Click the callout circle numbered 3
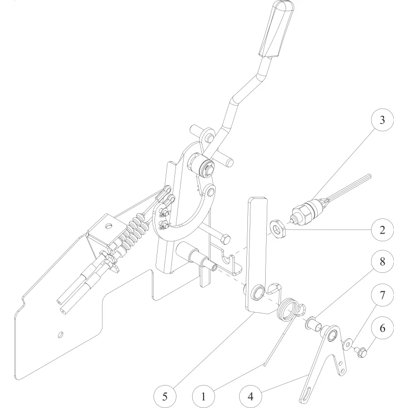click(382, 120)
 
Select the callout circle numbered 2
click(382, 230)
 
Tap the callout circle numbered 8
click(382, 261)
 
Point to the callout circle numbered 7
click(382, 295)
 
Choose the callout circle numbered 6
click(382, 328)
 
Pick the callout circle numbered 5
click(165, 397)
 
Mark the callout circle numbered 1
click(203, 397)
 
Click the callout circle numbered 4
click(250, 397)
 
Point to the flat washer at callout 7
click(347, 343)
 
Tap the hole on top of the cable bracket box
click(108, 226)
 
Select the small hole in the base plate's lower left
click(60, 335)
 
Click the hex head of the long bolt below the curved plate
click(225, 239)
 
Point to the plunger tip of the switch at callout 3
click(292, 221)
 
